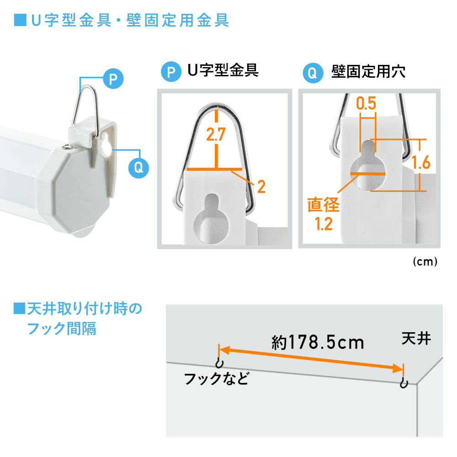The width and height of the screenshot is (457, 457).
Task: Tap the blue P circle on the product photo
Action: tap(113, 79)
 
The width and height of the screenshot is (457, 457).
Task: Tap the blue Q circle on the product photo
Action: tap(138, 167)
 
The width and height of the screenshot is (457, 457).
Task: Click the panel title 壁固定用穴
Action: tap(367, 72)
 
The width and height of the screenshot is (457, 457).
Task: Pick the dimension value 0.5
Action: tap(366, 104)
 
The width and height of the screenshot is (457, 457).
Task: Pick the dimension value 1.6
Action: tap(420, 162)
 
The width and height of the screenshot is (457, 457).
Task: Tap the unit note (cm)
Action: tap(425, 262)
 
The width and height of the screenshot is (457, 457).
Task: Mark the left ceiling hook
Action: tap(219, 363)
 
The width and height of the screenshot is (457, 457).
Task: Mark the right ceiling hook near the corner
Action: tap(403, 383)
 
